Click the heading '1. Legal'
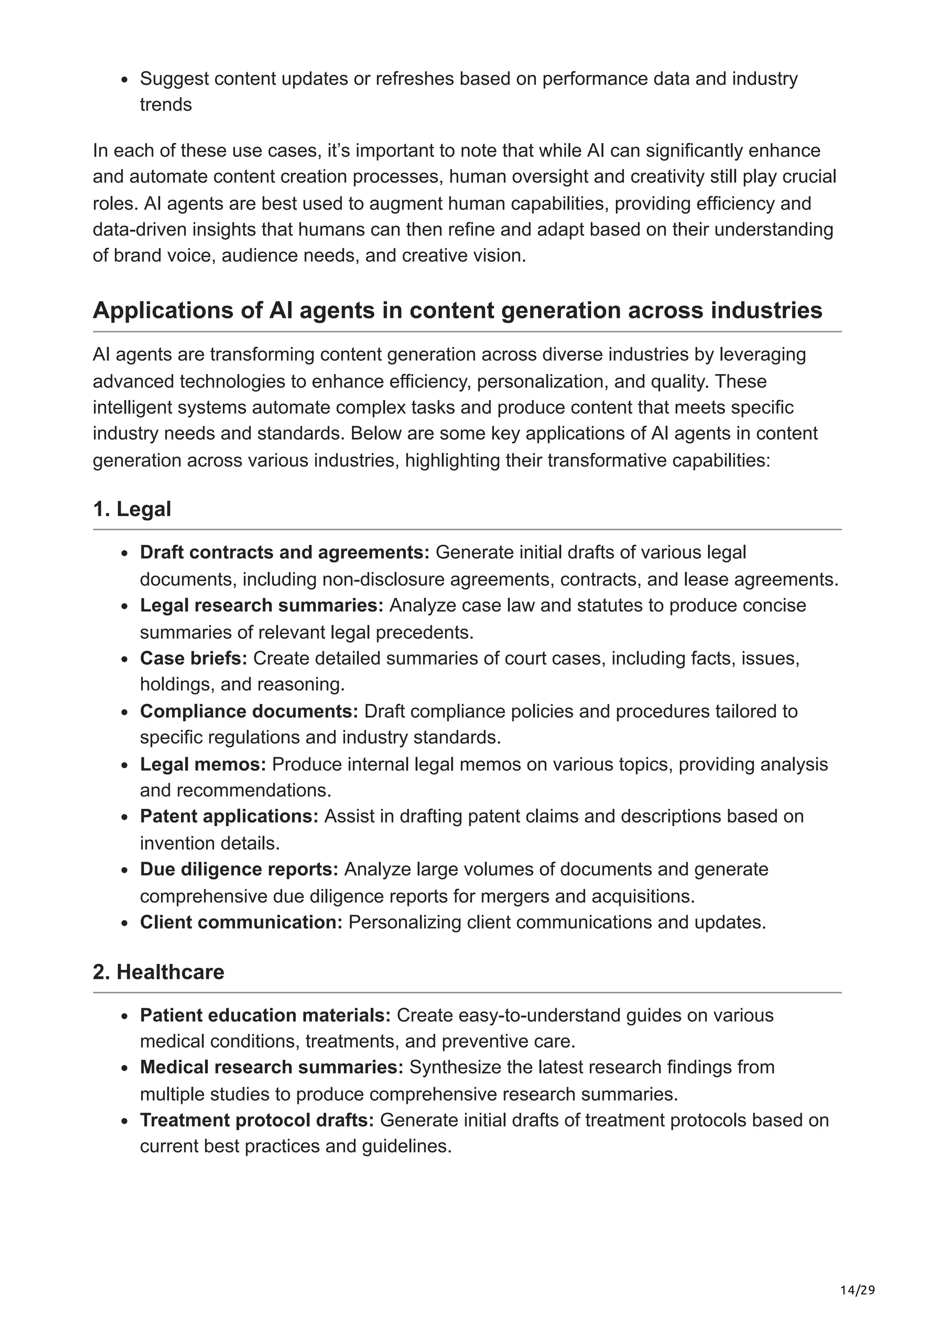132,509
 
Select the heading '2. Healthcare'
158,972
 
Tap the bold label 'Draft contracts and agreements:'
284,552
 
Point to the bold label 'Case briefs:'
194,658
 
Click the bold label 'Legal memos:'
203,764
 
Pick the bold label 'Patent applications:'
229,816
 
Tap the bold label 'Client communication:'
241,922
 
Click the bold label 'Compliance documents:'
249,711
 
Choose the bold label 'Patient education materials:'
265,1015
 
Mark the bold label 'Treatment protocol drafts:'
257,1120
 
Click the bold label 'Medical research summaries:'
271,1067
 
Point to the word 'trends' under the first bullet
166,105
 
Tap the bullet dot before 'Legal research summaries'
125,606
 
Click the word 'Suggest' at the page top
174,78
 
